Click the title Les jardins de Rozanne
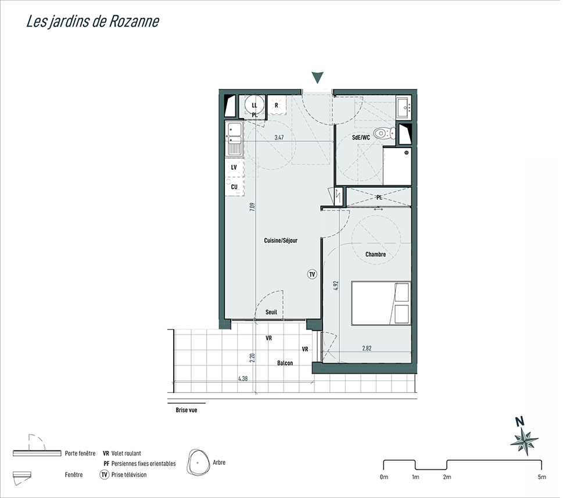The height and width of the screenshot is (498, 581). (92, 22)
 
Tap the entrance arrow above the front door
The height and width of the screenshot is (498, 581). (318, 77)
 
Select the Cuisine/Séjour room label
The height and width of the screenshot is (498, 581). (281, 241)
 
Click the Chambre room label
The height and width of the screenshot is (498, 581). (375, 254)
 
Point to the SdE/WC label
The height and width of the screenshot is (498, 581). (361, 138)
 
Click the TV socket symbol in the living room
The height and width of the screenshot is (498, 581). (313, 274)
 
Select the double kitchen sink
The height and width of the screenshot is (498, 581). (234, 138)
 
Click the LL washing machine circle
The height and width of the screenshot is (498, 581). (254, 106)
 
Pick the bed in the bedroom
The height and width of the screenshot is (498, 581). (381, 303)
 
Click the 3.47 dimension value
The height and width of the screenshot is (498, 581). (279, 138)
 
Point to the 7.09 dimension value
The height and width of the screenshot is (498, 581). (252, 207)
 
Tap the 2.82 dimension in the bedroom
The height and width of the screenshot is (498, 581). (367, 348)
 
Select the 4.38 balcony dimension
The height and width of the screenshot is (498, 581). (243, 379)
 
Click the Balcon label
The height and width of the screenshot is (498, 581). (285, 363)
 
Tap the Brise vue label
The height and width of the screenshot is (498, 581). (187, 410)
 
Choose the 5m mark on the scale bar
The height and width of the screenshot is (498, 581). (541, 477)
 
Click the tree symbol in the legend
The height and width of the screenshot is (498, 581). (197, 462)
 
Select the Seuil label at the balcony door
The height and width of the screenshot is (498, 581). (271, 312)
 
